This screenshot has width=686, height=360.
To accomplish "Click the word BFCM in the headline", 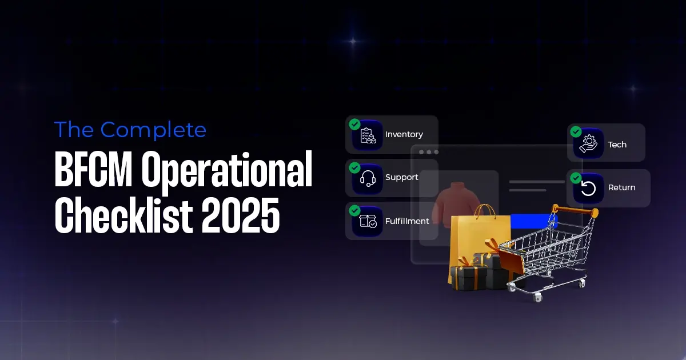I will (92, 170).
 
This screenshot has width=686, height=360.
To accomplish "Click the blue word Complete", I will (153, 130).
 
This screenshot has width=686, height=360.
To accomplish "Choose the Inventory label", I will (404, 134).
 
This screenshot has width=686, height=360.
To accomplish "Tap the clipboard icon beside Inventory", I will (368, 135).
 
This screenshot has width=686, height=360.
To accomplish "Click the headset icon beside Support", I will (368, 178).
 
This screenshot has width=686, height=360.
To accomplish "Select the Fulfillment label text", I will (407, 221).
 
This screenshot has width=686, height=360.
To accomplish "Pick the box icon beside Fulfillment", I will (368, 221).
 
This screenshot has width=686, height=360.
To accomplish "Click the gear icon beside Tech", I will (588, 143).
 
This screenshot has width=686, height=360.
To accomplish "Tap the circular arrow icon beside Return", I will (588, 188).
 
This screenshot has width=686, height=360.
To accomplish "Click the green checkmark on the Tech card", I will (576, 131).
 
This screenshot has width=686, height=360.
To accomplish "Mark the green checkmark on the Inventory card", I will (354, 124).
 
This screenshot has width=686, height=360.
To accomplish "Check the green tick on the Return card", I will (576, 177).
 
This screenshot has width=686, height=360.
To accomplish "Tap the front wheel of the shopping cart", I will (537, 298).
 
